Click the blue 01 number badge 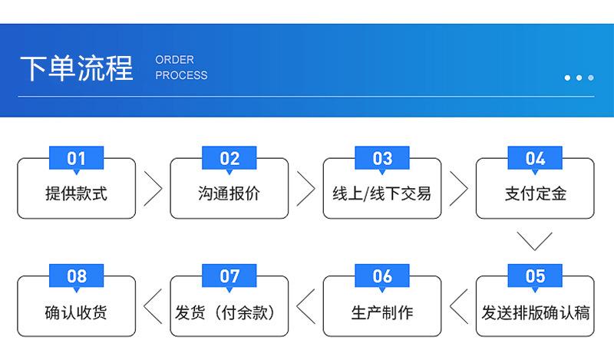pyautogui.click(x=76, y=158)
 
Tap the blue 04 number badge pyautogui.click(x=535, y=158)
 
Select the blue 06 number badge pyautogui.click(x=382, y=276)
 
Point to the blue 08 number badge pyautogui.click(x=76, y=276)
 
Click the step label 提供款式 pyautogui.click(x=76, y=193)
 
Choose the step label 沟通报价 pyautogui.click(x=229, y=193)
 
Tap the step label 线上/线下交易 pyautogui.click(x=382, y=193)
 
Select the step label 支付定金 pyautogui.click(x=535, y=193)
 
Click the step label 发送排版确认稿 pyautogui.click(x=535, y=312)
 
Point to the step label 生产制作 pyautogui.click(x=382, y=312)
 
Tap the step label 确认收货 pyautogui.click(x=76, y=312)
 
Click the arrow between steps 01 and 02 pyautogui.click(x=153, y=189)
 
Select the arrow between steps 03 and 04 pyautogui.click(x=459, y=189)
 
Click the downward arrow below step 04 pyautogui.click(x=535, y=240)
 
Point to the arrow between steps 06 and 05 pyautogui.click(x=459, y=306)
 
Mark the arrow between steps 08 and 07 pyautogui.click(x=153, y=306)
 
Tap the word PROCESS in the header pyautogui.click(x=181, y=75)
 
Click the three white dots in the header pyautogui.click(x=579, y=78)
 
